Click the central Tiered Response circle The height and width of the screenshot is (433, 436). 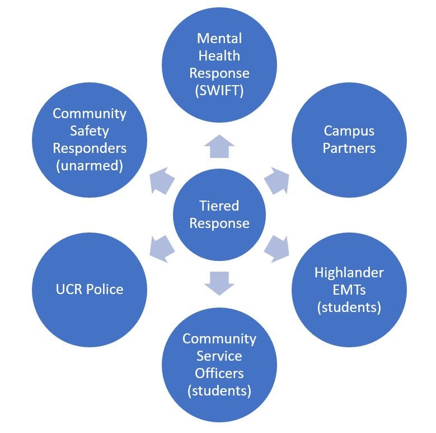tap(219, 215)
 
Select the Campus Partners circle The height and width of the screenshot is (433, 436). tap(349, 139)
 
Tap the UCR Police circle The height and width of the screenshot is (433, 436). tap(90, 290)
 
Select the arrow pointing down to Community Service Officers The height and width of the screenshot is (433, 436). tap(219, 282)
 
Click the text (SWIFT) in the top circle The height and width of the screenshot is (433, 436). tap(219, 91)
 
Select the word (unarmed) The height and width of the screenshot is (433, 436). tap(90, 166)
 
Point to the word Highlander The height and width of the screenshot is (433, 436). tap(349, 273)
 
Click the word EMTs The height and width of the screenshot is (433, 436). tap(349, 290)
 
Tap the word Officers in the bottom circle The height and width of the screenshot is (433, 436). tap(219, 373)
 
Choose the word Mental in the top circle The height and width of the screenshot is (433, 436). tap(219, 39)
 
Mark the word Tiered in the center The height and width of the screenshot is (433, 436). tap(219, 206)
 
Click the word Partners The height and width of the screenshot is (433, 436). tap(349, 148)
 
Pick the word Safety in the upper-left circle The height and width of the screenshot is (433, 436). tap(90, 131)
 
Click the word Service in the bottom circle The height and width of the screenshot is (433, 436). tap(219, 356)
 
